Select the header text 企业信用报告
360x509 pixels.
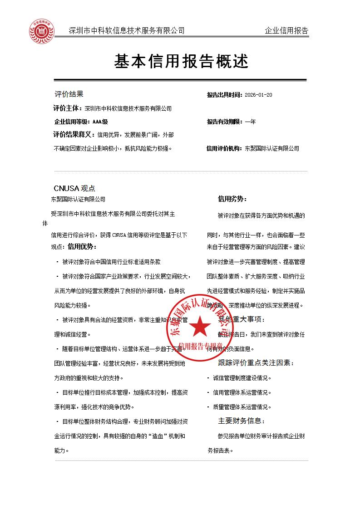coord(286,31)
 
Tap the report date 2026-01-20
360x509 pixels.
coord(258,95)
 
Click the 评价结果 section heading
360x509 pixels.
coord(69,94)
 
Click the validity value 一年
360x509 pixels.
coord(250,122)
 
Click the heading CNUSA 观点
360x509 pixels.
coord(74,188)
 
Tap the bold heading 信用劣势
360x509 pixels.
coord(232,199)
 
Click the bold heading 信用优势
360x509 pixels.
coord(82,246)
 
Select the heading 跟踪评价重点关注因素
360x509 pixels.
coord(256,363)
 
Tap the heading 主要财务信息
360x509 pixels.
coord(241,421)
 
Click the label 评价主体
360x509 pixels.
coord(68,108)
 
